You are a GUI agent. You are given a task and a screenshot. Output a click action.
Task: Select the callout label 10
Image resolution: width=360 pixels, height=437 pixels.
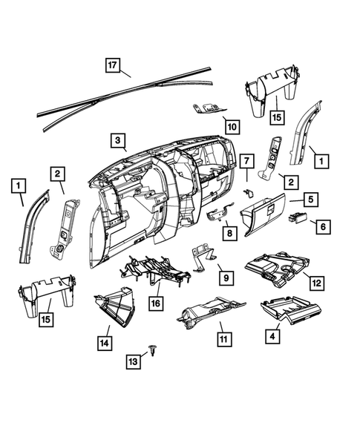click(x=232, y=127)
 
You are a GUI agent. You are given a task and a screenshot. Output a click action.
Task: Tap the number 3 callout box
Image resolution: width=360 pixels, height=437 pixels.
click(x=117, y=139)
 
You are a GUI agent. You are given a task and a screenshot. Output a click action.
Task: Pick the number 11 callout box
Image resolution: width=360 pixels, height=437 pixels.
click(x=220, y=337)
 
